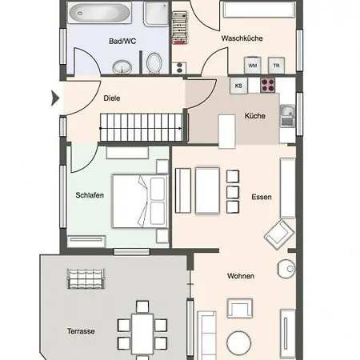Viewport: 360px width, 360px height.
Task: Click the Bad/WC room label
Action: [x=122, y=42]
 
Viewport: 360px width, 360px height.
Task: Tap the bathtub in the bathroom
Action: [x=100, y=13]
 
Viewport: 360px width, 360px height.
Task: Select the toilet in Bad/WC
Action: [x=154, y=63]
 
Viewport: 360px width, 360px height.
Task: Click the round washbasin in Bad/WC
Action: [x=122, y=67]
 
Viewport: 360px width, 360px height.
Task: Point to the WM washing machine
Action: [x=253, y=65]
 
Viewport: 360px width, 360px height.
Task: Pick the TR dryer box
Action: [x=276, y=66]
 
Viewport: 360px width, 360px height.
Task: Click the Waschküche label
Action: [x=242, y=38]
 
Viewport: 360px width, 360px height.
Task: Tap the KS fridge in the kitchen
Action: [x=238, y=86]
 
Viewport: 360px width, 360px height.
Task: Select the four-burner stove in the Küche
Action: [x=268, y=86]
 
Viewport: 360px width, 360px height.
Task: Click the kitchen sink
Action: [x=287, y=115]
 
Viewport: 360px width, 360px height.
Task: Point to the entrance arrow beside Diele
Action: [x=55, y=98]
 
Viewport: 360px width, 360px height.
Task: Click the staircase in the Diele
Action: [x=142, y=127]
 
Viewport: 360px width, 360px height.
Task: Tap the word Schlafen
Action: [x=90, y=195]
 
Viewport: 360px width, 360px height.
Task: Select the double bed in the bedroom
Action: [x=140, y=202]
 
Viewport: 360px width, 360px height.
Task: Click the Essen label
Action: [x=262, y=197]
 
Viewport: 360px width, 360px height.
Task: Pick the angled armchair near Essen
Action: [x=279, y=234]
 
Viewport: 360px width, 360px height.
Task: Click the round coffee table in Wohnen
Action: [x=239, y=343]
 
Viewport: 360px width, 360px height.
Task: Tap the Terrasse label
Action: [x=81, y=331]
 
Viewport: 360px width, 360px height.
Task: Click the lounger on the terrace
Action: [x=86, y=278]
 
